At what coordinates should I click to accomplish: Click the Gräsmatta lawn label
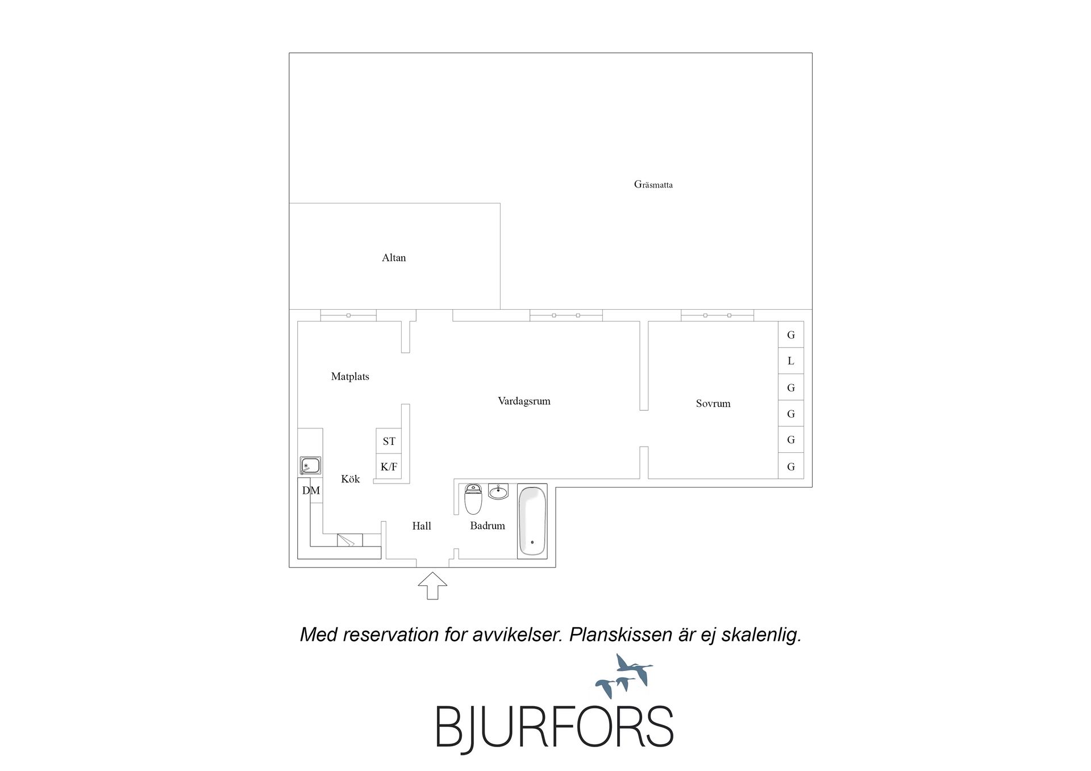653,185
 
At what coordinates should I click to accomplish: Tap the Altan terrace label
394,258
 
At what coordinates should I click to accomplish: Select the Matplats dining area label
350,377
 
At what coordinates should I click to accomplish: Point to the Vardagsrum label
524,401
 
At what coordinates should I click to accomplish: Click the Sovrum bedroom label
713,403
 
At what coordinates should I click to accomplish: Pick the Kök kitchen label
351,479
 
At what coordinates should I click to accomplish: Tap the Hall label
422,526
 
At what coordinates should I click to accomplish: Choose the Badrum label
488,526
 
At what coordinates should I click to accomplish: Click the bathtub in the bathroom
532,521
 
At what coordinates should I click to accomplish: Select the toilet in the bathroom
473,498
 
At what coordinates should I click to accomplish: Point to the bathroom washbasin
498,491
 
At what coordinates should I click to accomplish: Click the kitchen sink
310,466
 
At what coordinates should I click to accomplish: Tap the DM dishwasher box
311,490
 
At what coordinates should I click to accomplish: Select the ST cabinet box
389,441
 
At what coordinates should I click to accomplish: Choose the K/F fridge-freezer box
389,466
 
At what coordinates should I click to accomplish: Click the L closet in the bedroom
790,361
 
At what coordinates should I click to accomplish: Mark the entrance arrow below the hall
432,586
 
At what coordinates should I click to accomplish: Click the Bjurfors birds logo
624,676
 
